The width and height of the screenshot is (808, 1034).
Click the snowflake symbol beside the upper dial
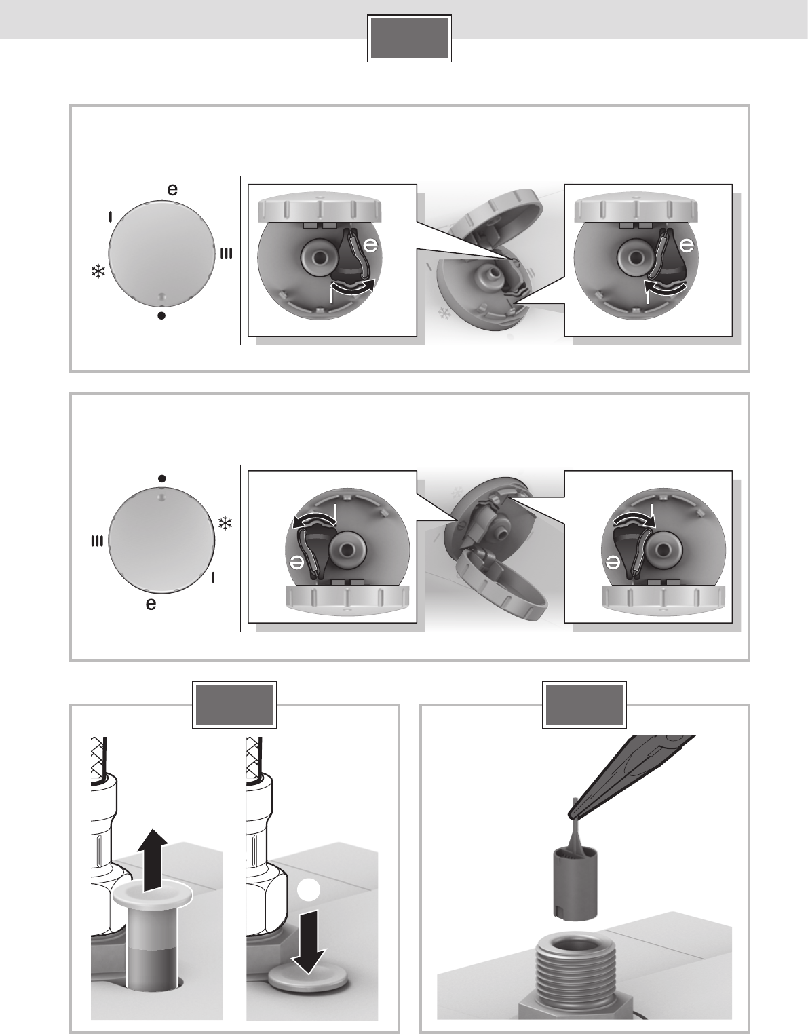[x=98, y=271]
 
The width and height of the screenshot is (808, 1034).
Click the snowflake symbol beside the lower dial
[x=225, y=523]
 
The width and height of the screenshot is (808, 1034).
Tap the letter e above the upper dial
[x=172, y=189]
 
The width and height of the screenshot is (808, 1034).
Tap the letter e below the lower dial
[x=151, y=604]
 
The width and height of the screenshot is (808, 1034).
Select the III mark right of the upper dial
[x=227, y=254]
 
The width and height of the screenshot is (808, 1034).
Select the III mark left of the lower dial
[x=96, y=541]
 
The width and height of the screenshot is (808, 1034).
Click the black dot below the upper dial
[x=161, y=315]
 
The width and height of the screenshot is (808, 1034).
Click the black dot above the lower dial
[x=161, y=478]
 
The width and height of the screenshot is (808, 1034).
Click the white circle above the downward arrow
[x=308, y=889]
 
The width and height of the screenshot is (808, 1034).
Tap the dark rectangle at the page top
[x=409, y=39]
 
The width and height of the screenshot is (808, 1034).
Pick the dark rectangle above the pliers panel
[x=584, y=705]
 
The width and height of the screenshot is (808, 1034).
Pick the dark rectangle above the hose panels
[x=234, y=705]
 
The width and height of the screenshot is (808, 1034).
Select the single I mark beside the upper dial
[x=111, y=216]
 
